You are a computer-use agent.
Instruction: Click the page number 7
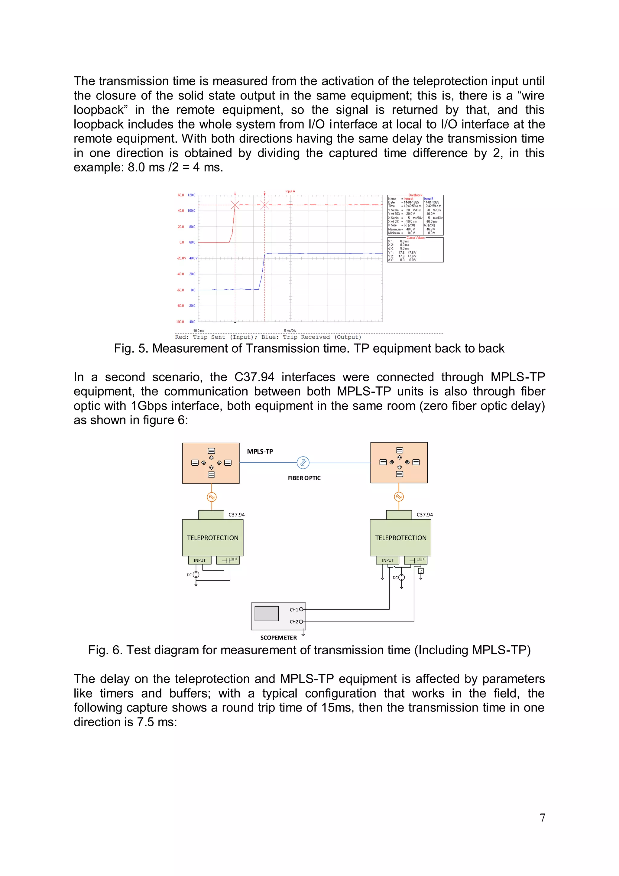(542, 818)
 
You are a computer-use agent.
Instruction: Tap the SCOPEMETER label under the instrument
(278, 637)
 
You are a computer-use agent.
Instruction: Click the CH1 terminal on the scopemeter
(301, 610)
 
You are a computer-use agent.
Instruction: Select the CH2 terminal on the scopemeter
(301, 621)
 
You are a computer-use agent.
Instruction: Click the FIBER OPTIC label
(304, 478)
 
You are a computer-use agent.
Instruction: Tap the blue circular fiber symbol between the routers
(303, 463)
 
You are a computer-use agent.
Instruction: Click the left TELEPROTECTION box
(212, 538)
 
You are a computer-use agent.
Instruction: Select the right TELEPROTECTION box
(400, 538)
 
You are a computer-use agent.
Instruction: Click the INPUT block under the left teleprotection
(199, 560)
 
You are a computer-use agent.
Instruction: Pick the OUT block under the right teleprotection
(416, 560)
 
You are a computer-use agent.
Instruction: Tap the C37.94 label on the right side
(424, 515)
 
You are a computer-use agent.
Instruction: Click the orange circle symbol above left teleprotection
(212, 497)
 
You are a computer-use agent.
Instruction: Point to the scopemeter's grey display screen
(266, 614)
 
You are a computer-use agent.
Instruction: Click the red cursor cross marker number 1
(235, 205)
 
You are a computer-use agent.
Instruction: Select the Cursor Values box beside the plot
(415, 250)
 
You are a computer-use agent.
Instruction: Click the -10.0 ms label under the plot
(198, 331)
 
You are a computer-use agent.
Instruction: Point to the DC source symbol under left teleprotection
(196, 575)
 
